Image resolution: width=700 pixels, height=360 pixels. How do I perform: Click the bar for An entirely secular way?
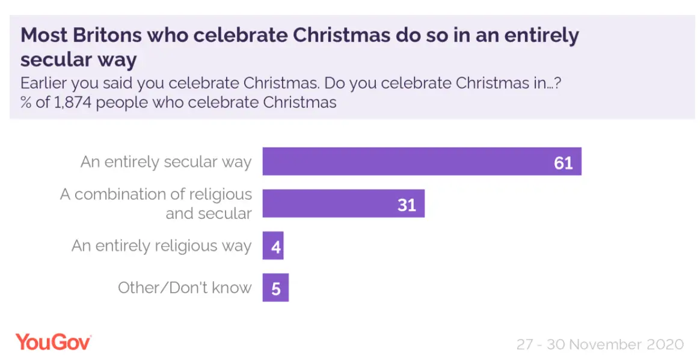click(x=421, y=161)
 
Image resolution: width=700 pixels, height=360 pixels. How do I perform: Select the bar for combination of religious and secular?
click(x=343, y=204)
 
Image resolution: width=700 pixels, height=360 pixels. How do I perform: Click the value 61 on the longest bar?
click(x=563, y=162)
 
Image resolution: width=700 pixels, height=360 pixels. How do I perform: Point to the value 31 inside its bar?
click(x=407, y=205)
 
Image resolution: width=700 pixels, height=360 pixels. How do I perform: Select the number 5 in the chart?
click(x=276, y=289)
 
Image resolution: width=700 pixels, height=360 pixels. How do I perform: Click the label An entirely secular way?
click(x=166, y=162)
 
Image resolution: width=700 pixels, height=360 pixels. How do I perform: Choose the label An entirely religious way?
click(x=161, y=246)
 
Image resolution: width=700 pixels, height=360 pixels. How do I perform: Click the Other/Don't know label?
click(x=185, y=288)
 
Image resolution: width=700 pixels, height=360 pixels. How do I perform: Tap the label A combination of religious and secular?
click(x=156, y=204)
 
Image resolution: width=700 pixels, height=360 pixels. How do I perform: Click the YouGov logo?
click(x=54, y=342)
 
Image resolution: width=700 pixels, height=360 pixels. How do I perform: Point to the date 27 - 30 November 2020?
click(x=600, y=344)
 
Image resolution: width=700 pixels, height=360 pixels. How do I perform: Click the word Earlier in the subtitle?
click(x=45, y=83)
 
